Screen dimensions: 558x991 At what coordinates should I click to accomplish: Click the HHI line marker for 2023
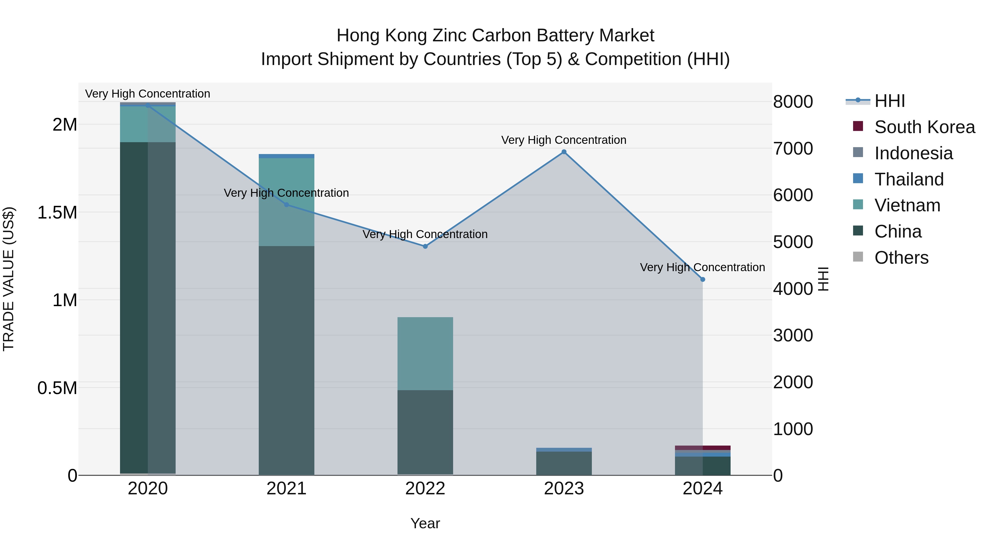(564, 152)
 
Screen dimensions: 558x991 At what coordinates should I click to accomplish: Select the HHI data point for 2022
(425, 246)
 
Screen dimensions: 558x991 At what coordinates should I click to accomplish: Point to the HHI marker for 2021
(286, 205)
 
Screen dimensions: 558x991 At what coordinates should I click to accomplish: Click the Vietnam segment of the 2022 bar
(425, 354)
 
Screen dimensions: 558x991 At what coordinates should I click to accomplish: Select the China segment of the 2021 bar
(286, 360)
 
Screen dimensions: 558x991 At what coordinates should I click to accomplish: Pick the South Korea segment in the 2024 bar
(703, 448)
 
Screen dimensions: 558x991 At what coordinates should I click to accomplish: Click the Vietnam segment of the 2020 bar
(148, 124)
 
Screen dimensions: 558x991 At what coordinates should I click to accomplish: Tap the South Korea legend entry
(924, 127)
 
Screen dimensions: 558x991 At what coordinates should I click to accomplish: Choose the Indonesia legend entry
(913, 153)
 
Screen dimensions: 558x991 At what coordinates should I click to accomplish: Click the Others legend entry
(901, 258)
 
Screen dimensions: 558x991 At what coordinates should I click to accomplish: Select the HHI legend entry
(889, 101)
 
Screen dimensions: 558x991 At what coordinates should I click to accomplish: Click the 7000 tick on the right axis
(793, 149)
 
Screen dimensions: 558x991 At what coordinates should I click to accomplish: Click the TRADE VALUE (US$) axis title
(9, 279)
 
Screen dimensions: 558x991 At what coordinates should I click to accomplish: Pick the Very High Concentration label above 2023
(563, 140)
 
